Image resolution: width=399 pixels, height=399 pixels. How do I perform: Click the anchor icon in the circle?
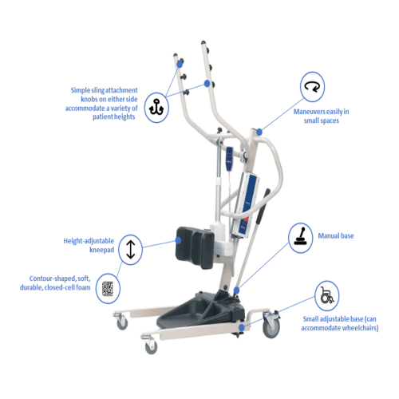pyautogui.click(x=158, y=107)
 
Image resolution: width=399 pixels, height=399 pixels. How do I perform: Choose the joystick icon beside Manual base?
pyautogui.click(x=301, y=238)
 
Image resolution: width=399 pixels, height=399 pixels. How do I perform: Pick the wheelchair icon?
pyautogui.click(x=326, y=295)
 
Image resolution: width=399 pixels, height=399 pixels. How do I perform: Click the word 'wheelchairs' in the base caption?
pyautogui.click(x=356, y=328)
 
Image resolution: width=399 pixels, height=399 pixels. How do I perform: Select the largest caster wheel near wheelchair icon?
pyautogui.click(x=272, y=327)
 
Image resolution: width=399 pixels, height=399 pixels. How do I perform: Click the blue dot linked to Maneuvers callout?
pyautogui.click(x=259, y=130)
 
